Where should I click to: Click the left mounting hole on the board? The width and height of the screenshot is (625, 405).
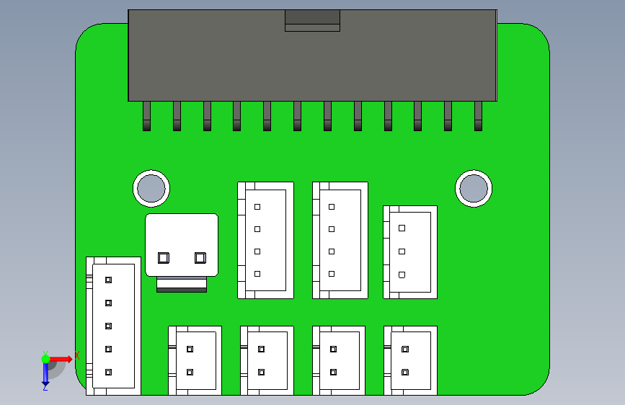pos(151,188)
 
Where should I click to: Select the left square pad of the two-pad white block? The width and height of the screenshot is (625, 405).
pos(163,257)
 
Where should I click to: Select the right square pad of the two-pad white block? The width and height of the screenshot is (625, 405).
pos(200,257)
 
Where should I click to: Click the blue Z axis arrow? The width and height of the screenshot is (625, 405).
pos(45,375)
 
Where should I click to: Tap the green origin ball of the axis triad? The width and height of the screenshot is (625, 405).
pos(45,358)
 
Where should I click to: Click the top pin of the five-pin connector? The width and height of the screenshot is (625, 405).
pos(109,280)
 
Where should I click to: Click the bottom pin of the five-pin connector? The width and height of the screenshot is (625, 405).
pos(109,373)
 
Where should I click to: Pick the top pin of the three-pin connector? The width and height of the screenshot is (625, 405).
pos(402,228)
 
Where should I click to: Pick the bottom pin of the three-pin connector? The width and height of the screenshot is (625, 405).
pos(402,275)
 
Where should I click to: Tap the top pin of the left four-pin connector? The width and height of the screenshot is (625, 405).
pos(257,207)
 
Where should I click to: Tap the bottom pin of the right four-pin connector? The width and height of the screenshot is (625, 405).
pos(332,274)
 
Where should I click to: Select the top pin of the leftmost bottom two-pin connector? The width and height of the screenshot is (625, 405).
pos(190,350)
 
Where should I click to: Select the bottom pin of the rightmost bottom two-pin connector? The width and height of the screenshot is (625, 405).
pos(405,373)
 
